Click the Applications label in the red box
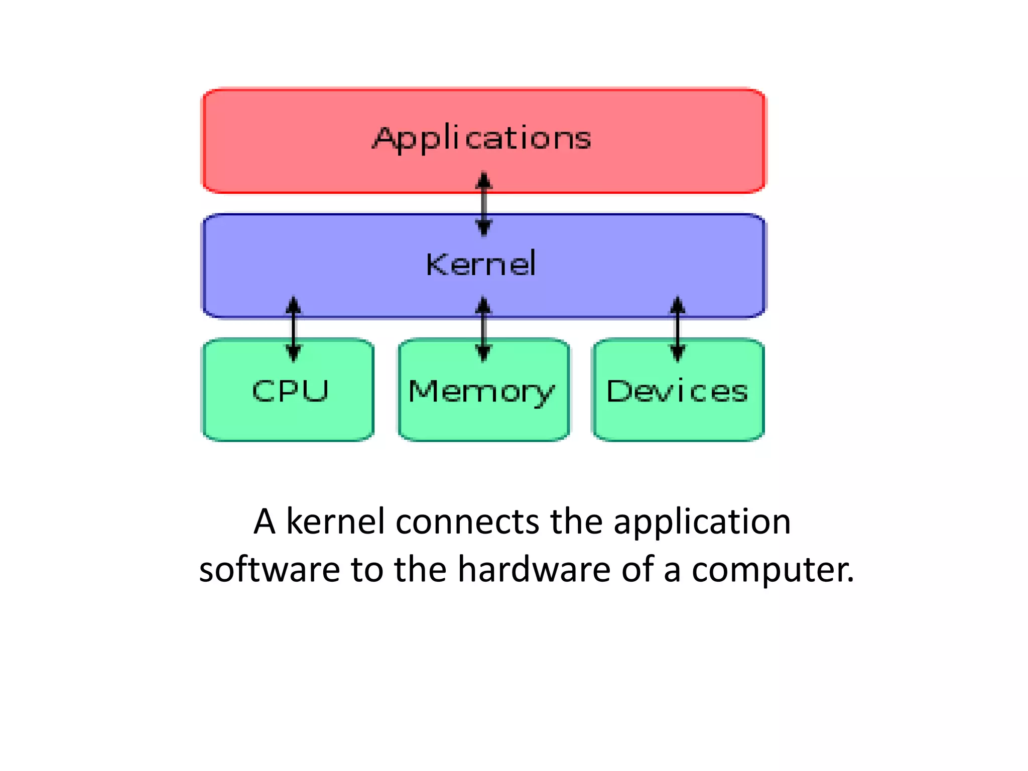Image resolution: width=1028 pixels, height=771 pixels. [482, 138]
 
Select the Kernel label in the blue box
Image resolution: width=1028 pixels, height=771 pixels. [481, 264]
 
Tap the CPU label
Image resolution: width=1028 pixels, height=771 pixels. [290, 391]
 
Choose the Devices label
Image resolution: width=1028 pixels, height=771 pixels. [677, 392]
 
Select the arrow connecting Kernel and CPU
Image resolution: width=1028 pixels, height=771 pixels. [294, 329]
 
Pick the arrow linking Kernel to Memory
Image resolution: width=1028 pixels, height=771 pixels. [483, 329]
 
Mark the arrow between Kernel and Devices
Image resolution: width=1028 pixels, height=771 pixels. [678, 329]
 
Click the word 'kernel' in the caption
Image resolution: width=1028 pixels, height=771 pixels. [335, 522]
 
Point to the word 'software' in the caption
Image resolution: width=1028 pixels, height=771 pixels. [269, 570]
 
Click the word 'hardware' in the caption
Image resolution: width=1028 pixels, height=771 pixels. [534, 570]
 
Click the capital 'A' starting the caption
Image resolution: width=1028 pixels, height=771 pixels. [265, 522]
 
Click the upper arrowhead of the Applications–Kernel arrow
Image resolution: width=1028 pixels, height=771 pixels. [483, 180]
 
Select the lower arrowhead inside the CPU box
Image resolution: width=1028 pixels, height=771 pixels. [294, 354]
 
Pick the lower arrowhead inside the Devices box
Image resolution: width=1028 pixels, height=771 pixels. [678, 354]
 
